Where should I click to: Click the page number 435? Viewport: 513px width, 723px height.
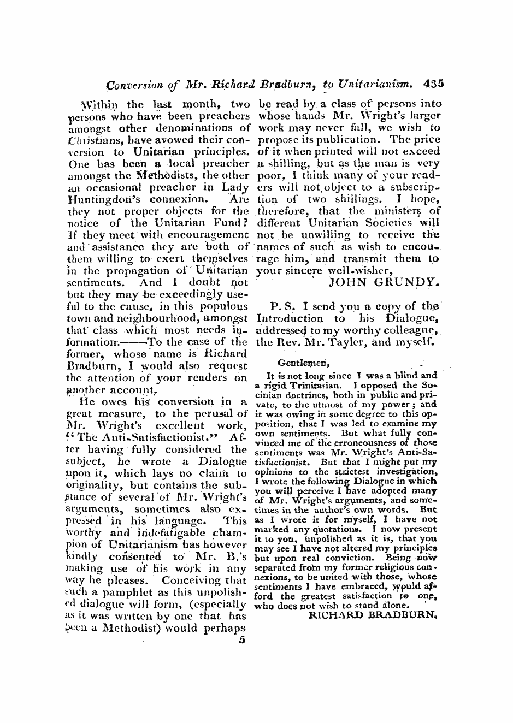pyautogui.click(x=434, y=85)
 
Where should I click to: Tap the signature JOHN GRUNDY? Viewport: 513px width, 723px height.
pyautogui.click(x=382, y=283)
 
